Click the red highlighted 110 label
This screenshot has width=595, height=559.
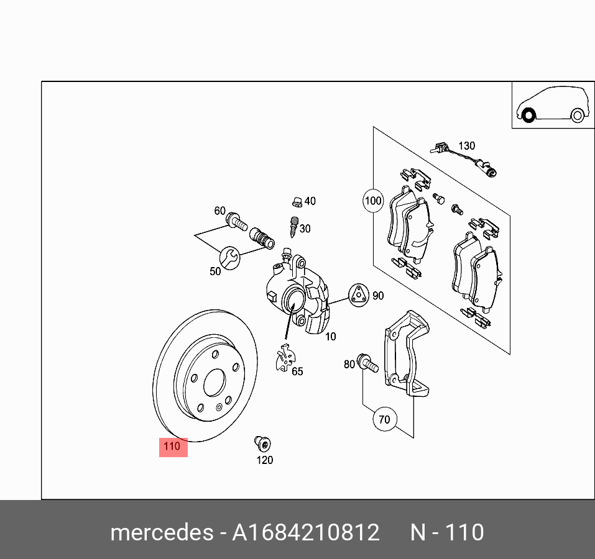pos(173,446)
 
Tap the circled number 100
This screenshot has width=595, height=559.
pos(373,201)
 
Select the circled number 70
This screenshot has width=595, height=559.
pos(384,420)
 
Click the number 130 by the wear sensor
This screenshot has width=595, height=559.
pos(466,145)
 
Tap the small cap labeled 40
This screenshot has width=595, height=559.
pos(297,201)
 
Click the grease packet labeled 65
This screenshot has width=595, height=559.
pos(285,360)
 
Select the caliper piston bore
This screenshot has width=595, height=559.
pos(292,303)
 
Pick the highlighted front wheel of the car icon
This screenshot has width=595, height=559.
pos(528,116)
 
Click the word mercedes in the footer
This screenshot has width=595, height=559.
pos(160,532)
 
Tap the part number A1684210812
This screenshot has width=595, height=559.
pos(305,532)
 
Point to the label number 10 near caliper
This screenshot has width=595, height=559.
pos(330,337)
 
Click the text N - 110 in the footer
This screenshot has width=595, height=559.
pos(446,532)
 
